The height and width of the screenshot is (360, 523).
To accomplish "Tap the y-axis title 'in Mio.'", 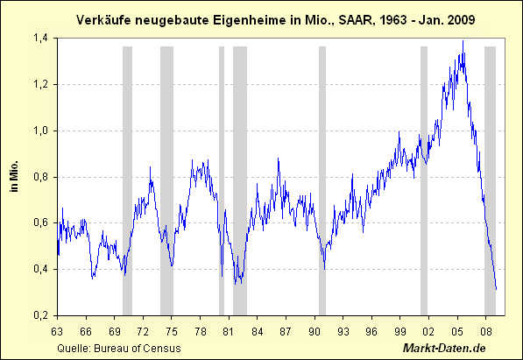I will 15,176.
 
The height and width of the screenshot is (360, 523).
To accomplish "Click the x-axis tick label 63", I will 58,331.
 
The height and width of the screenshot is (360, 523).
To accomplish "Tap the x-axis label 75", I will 172,331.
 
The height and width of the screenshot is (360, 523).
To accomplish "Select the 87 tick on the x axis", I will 286,331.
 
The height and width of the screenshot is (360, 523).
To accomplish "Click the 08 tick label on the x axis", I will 485,331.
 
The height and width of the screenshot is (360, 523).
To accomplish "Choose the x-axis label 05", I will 457,331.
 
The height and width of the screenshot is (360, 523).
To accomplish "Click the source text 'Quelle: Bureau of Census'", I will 107,348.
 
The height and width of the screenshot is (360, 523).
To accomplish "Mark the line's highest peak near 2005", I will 463,41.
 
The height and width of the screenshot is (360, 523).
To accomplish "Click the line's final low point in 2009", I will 496,289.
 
